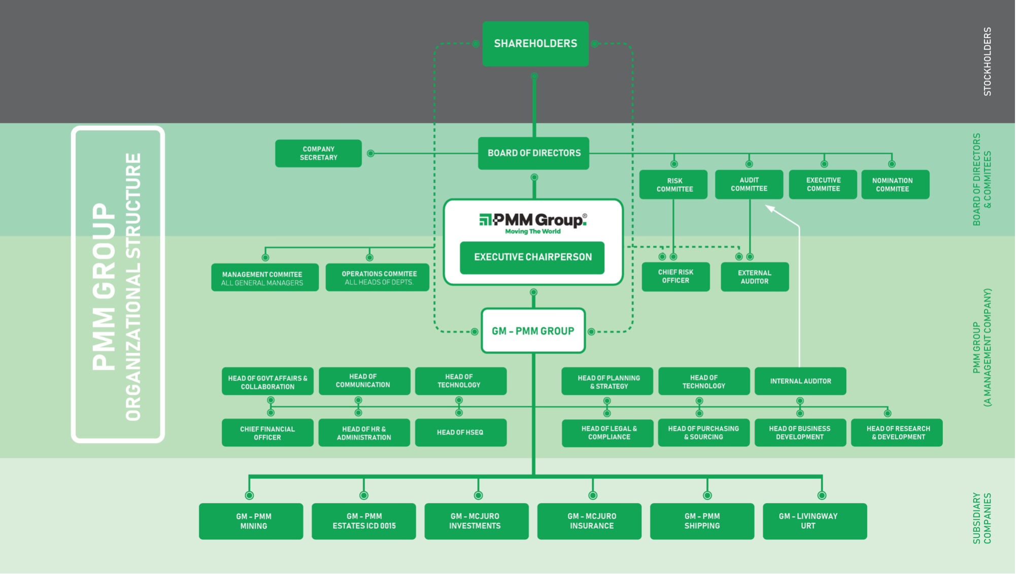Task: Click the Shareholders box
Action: point(535,44)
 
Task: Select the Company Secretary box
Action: point(318,153)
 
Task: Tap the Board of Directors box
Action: point(533,153)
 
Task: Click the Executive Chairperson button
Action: point(532,257)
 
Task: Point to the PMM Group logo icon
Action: point(485,220)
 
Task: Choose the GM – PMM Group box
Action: point(533,331)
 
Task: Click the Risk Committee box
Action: point(673,185)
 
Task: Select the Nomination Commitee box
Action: point(895,185)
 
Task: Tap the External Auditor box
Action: point(755,277)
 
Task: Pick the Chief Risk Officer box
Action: point(675,277)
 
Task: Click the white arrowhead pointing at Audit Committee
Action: point(770,208)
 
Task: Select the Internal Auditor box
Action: point(800,381)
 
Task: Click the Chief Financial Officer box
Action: point(267,433)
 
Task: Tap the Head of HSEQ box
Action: point(460,432)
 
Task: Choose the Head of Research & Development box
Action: point(897,433)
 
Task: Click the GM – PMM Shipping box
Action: point(702,521)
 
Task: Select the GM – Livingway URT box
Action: point(815,521)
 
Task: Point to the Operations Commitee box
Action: point(378,277)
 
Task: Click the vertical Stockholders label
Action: point(987,61)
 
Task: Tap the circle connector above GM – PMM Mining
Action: point(249,495)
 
